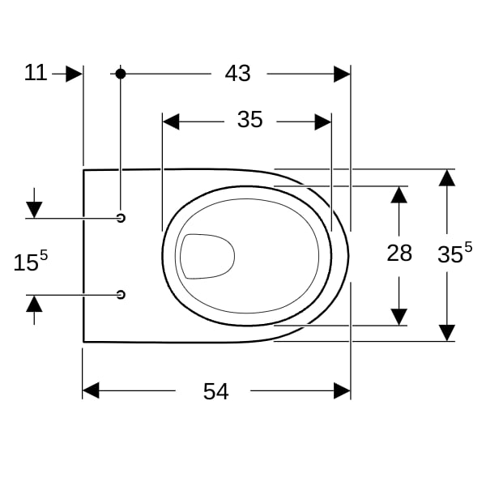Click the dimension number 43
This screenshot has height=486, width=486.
pyautogui.click(x=237, y=74)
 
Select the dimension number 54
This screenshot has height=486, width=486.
pyautogui.click(x=216, y=391)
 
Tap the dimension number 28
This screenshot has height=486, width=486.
pyautogui.click(x=399, y=253)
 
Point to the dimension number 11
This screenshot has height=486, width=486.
pyautogui.click(x=36, y=73)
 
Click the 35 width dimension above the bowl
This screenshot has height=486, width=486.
pyautogui.click(x=250, y=120)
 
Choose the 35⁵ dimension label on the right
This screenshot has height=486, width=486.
pyautogui.click(x=454, y=253)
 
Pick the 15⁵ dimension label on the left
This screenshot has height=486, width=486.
pyautogui.click(x=31, y=261)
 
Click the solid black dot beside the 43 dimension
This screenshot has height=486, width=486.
pyautogui.click(x=121, y=74)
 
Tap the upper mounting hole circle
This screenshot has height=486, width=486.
pyautogui.click(x=121, y=218)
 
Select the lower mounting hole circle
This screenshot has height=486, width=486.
pyautogui.click(x=121, y=295)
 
